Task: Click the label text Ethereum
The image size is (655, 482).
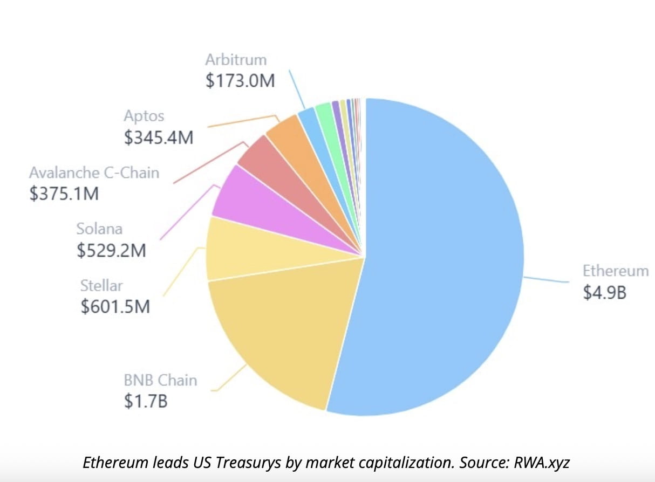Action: click(615, 271)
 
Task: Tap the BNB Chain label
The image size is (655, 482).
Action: click(160, 380)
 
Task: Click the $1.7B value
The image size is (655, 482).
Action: click(146, 401)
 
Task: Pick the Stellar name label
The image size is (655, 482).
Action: click(101, 285)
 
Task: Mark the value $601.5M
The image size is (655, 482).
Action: click(115, 306)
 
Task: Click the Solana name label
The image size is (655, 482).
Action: click(99, 229)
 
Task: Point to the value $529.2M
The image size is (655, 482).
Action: click(111, 250)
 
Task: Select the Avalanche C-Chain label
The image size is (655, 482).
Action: click(94, 173)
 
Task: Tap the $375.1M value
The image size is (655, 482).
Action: click(64, 194)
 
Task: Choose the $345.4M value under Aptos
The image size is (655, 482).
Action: click(159, 137)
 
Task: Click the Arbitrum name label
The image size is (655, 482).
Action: click(236, 59)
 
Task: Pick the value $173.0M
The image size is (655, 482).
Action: click(240, 80)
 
